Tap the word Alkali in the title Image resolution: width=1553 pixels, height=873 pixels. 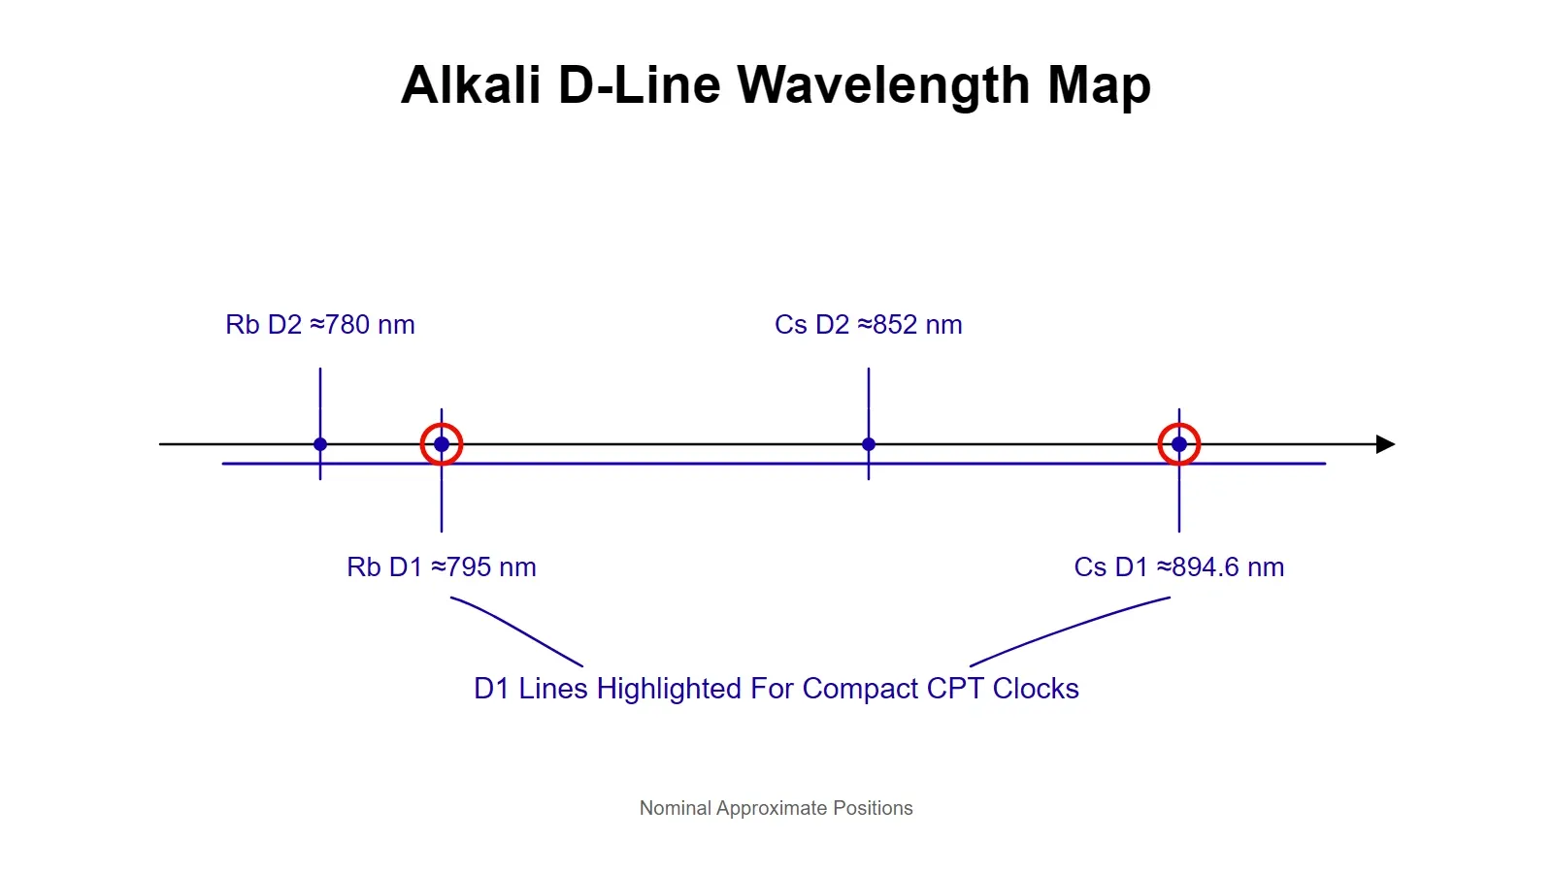coord(471,85)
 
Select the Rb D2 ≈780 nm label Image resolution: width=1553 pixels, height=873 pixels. coord(320,324)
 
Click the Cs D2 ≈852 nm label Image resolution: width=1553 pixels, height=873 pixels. coord(868,324)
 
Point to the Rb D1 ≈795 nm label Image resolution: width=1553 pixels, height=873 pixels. coord(442,566)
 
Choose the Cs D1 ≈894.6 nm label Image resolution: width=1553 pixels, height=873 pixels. coord(1178,566)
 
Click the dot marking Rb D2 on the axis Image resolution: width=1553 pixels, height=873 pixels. coord(320,444)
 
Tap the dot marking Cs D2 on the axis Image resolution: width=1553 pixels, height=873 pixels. coord(869,444)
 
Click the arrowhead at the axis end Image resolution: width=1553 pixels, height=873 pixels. coord(1385,444)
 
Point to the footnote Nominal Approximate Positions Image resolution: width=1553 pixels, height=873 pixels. coord(776,808)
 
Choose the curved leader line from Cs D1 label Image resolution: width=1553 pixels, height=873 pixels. coord(1067,627)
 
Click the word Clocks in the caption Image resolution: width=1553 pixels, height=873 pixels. coord(1036,688)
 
